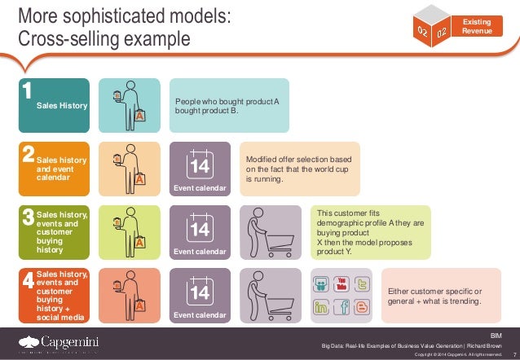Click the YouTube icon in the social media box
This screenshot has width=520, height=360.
[341, 283]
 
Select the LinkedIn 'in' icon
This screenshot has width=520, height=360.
[320, 308]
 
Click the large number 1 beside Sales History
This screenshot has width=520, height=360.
[27, 91]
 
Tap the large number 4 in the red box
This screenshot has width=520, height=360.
[28, 281]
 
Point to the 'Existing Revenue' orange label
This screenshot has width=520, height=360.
[478, 25]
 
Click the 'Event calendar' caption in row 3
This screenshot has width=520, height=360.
[200, 252]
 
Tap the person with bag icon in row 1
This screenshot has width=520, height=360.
[129, 105]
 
